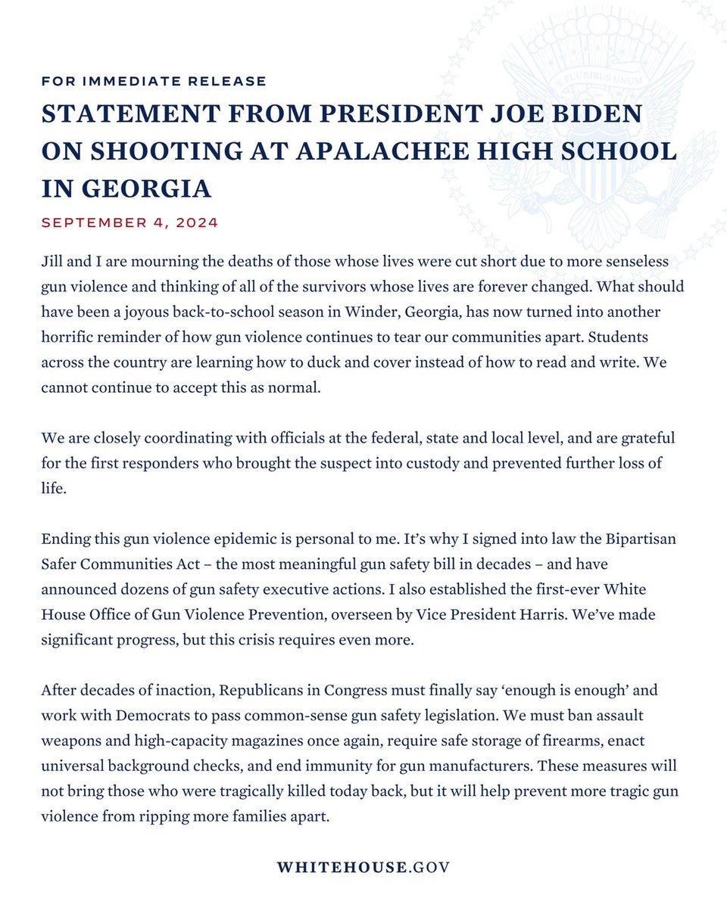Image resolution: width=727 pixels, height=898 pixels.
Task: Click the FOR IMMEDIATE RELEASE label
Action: pos(154,81)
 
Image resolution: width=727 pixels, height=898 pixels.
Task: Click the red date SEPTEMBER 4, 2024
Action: pos(129,223)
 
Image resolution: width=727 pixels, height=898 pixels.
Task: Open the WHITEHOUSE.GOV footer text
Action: pos(363,867)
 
